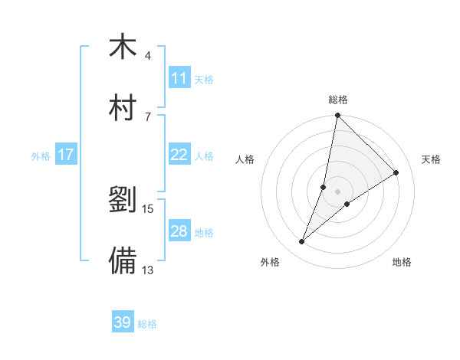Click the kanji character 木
[x=123, y=47]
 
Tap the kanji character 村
[x=123, y=108]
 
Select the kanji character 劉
[x=123, y=201]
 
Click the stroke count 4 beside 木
[x=148, y=56]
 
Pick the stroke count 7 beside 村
[x=148, y=116]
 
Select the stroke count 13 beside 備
[x=148, y=270]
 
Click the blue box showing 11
[x=179, y=78]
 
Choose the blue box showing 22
[x=179, y=155]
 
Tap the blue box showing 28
[x=179, y=231]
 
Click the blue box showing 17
[x=66, y=155]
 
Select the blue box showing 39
[x=123, y=322]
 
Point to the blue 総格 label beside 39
[x=147, y=324]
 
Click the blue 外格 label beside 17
[x=41, y=156]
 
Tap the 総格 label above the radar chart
[x=337, y=100]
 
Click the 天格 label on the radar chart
[x=431, y=159]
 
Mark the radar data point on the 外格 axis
[x=302, y=242]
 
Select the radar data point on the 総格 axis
[x=337, y=116]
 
